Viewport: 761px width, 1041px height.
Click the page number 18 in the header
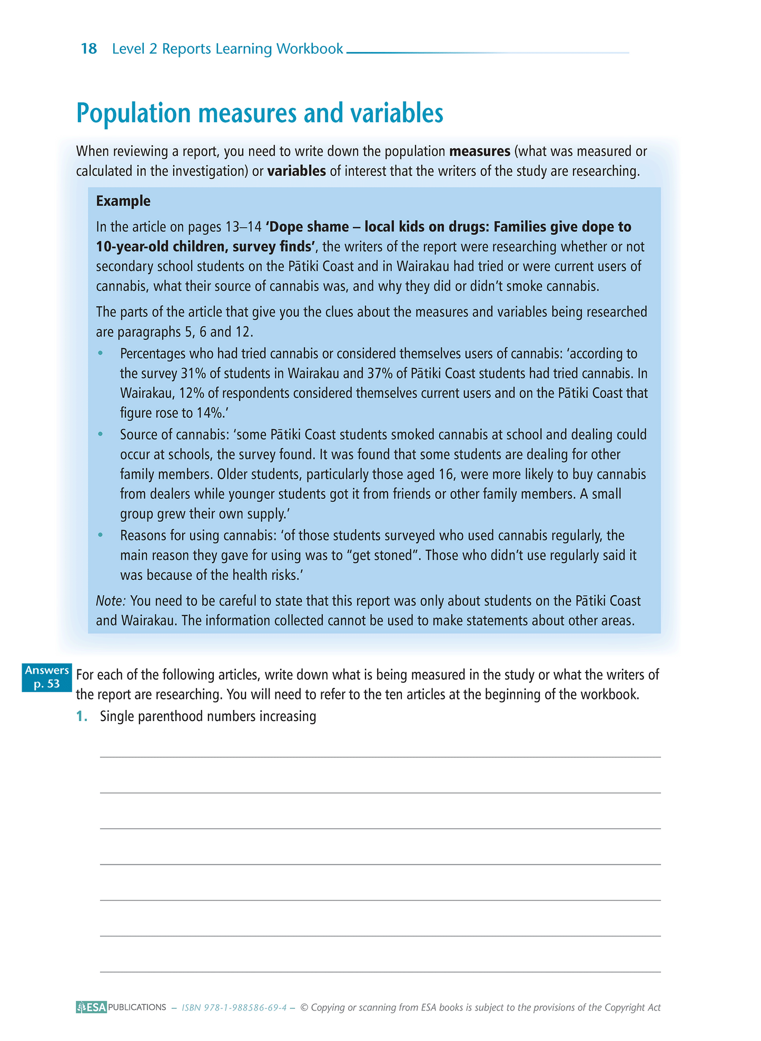(89, 49)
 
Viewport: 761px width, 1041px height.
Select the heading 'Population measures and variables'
(260, 113)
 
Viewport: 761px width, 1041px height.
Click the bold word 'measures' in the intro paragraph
(479, 152)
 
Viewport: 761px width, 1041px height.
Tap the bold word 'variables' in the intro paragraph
(297, 172)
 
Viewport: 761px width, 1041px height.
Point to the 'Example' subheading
(123, 201)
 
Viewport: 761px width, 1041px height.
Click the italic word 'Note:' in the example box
(111, 601)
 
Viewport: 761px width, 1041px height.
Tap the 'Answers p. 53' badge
(47, 677)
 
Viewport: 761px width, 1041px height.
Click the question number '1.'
(82, 717)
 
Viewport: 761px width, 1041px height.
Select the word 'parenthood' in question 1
(170, 717)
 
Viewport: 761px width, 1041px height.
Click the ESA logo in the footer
(91, 1007)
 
